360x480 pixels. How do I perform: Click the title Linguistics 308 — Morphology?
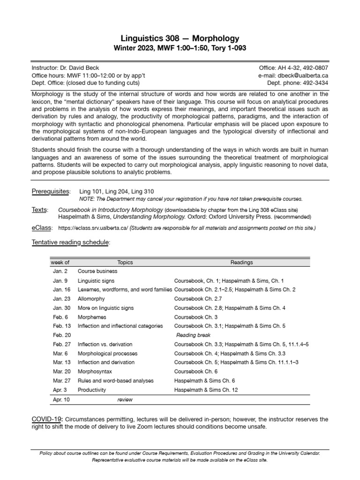(180, 38)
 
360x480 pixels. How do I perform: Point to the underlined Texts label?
(39, 210)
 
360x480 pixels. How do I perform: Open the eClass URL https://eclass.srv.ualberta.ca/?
(93, 228)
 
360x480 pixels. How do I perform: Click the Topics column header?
(125, 262)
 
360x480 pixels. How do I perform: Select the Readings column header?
(242, 262)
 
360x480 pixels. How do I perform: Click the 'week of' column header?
(60, 262)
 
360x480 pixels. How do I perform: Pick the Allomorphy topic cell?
(91, 299)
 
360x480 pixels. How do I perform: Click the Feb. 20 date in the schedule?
(61, 335)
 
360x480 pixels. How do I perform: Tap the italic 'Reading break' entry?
(193, 335)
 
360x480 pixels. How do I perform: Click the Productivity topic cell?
(92, 390)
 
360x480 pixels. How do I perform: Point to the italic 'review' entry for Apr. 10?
(125, 399)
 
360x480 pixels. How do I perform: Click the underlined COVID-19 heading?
(47, 418)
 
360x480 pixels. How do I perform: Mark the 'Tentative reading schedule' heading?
(71, 242)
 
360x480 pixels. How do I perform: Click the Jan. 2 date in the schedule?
(60, 271)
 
